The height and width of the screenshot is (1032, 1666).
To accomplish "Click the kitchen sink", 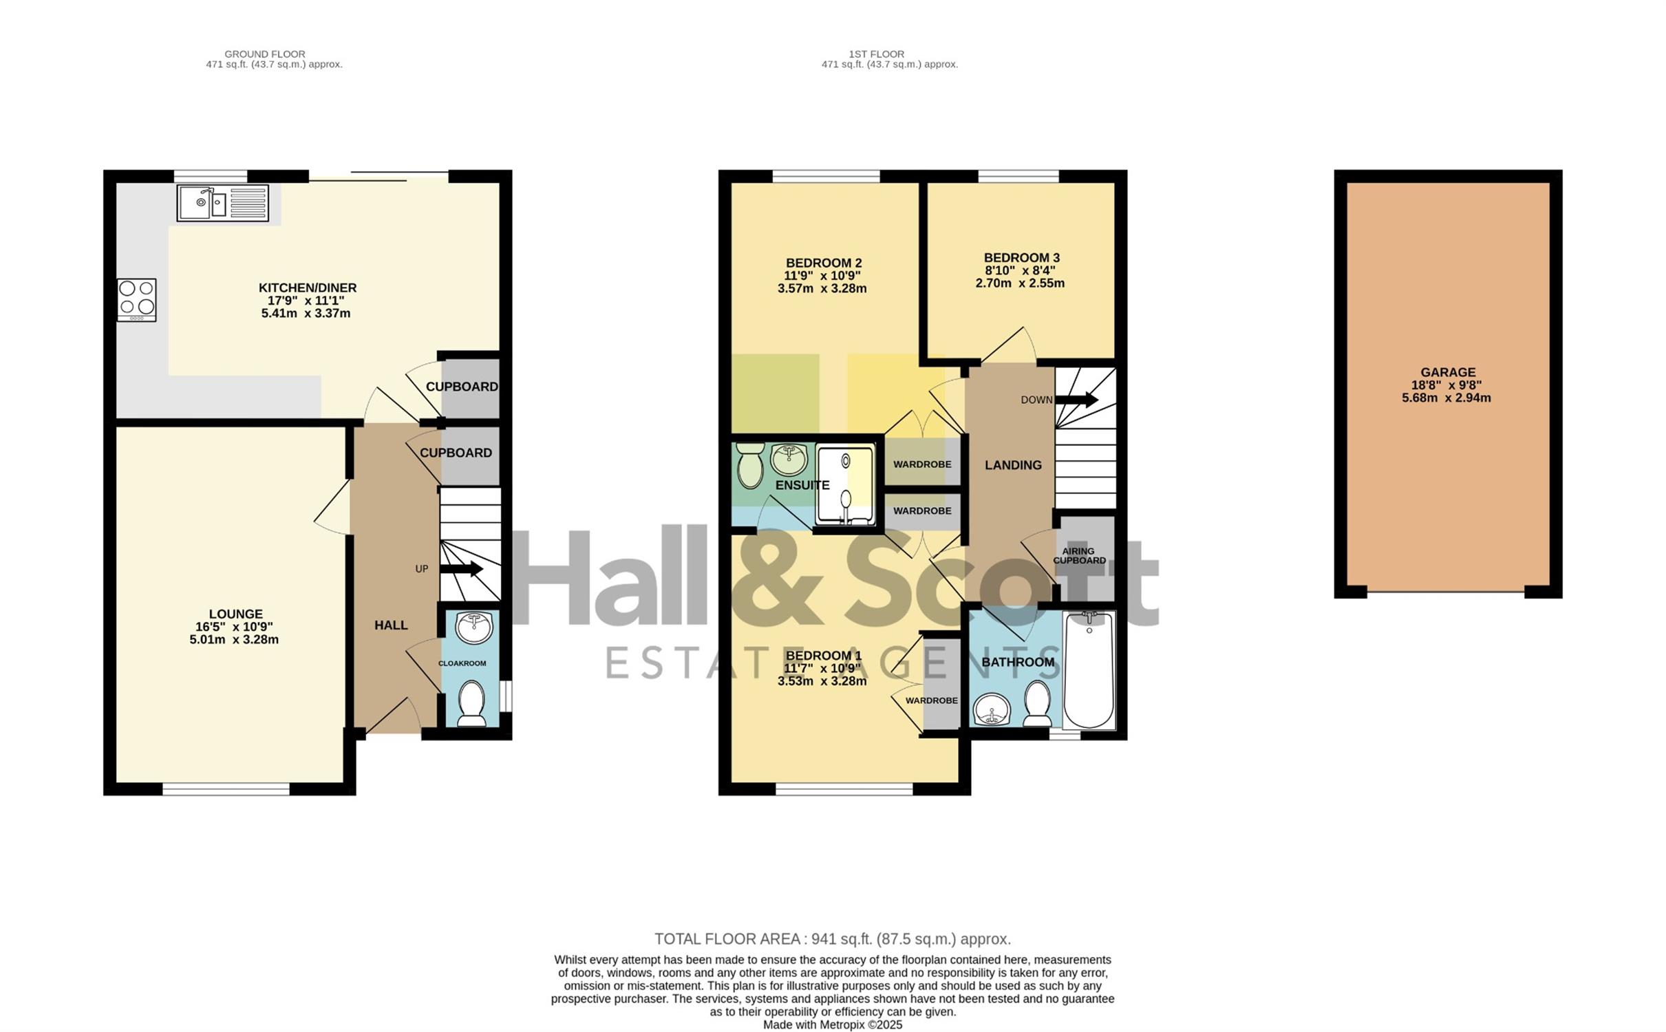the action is pos(223,203).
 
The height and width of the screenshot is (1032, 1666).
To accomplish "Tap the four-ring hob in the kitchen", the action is pos(137,299).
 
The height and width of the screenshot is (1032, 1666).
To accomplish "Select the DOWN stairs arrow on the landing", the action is pos(1077,399).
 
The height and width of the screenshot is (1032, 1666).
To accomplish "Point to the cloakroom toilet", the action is pos(472,704).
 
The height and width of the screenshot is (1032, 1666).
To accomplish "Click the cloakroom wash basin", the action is pos(474,627).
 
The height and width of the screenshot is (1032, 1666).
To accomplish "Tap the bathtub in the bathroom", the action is pos(1089,670).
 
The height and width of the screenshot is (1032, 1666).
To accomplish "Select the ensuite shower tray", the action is pos(846,485).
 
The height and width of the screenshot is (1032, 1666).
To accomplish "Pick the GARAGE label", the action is pos(1448,372).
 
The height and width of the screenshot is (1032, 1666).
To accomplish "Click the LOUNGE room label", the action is pos(235,614).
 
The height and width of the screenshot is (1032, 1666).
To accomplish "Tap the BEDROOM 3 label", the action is pos(1021,258).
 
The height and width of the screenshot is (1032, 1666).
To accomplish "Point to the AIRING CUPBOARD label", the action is pos(1079,556).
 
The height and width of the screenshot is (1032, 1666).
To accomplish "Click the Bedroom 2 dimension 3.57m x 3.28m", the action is pos(822,289).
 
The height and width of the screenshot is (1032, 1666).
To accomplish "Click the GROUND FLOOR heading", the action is pos(265,54).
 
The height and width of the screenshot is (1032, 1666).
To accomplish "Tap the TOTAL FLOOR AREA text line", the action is pos(833,939).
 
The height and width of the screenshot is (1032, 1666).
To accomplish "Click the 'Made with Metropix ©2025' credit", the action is pos(833,1024).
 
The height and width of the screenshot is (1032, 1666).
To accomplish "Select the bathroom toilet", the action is pos(1036,703).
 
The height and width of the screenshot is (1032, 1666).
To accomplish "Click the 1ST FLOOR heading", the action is pos(876,54).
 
